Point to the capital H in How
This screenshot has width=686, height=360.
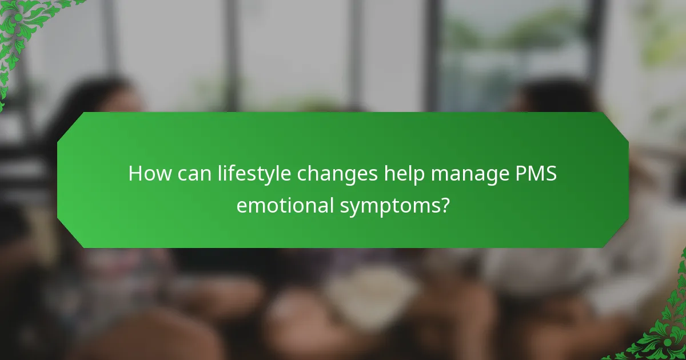135,173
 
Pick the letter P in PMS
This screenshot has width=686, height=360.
517,173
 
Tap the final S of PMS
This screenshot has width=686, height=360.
551,173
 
